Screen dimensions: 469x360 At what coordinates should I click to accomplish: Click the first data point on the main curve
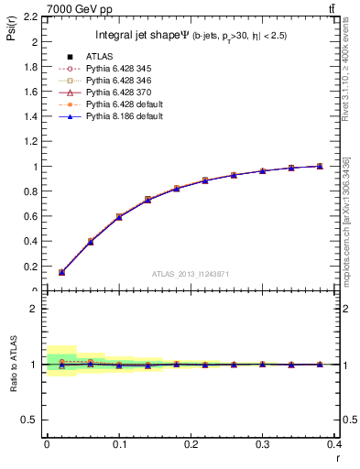tap(61, 272)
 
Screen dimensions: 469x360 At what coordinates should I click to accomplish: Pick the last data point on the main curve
tap(320, 166)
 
